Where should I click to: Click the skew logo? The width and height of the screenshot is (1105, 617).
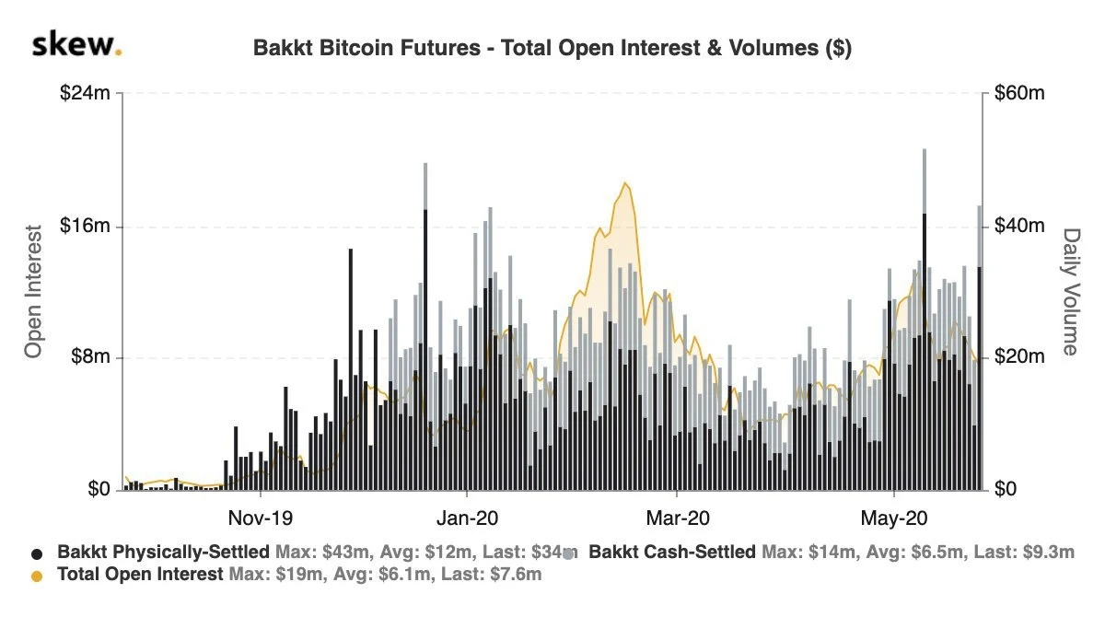[76, 45]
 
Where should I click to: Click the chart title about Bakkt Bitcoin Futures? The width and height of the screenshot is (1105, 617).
[552, 48]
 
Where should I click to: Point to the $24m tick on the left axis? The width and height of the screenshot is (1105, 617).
[85, 93]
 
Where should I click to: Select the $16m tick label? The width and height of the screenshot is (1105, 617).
[85, 226]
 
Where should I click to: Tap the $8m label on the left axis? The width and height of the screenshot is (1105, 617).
[90, 356]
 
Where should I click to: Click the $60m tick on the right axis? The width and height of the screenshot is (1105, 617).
[1019, 93]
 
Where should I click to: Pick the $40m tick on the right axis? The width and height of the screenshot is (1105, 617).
[1019, 226]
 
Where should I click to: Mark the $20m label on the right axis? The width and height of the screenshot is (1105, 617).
[1019, 356]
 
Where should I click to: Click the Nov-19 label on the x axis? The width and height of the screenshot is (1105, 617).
[261, 518]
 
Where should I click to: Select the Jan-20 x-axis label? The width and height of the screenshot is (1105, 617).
[467, 518]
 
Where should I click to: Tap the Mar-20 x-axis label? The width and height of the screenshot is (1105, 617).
[678, 518]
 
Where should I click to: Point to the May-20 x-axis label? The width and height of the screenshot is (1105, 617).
[894, 518]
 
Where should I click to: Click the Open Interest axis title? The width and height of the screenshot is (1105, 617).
[33, 291]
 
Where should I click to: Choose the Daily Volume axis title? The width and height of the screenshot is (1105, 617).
[1071, 292]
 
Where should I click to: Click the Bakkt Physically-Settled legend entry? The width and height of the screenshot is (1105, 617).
[163, 552]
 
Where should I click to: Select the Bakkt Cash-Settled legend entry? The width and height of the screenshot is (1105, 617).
[671, 552]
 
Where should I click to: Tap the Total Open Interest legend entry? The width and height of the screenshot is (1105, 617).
[140, 574]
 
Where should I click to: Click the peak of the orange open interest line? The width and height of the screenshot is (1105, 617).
[625, 183]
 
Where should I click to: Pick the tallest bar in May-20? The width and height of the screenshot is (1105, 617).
[925, 320]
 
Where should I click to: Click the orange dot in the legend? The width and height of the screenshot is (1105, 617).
[37, 576]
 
